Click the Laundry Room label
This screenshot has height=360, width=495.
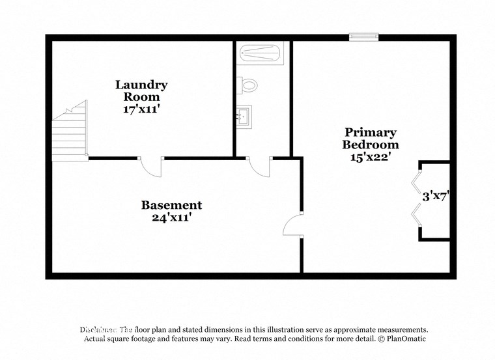(141, 90)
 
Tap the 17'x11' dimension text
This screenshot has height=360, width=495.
(141, 109)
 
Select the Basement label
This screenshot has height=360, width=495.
(171, 205)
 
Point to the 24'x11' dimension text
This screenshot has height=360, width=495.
(171, 218)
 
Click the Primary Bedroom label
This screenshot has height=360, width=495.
(371, 138)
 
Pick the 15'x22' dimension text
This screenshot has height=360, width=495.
(371, 157)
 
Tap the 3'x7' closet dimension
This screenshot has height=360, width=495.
(436, 195)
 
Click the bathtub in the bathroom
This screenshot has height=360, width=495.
(261, 52)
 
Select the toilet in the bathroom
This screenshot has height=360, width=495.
(248, 85)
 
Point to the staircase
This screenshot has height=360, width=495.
(70, 133)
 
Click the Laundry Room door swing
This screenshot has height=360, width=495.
(152, 167)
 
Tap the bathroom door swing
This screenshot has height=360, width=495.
(260, 167)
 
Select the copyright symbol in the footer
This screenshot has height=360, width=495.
(381, 339)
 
